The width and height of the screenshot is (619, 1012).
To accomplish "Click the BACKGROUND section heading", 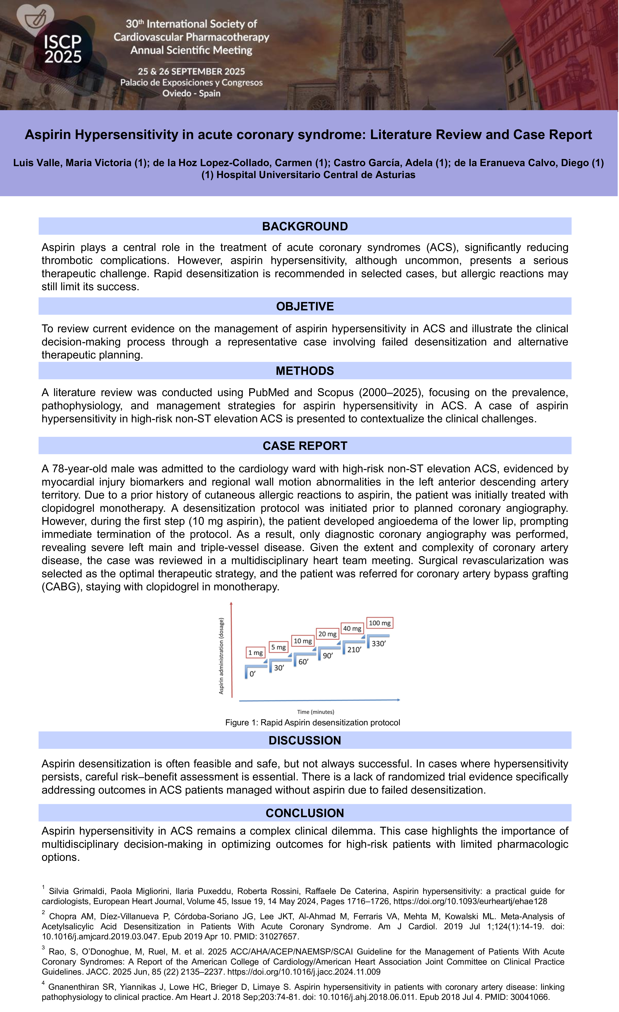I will [305, 226].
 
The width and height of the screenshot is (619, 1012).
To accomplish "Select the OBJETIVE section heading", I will [305, 306].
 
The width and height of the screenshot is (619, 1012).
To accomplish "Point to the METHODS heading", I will [305, 371].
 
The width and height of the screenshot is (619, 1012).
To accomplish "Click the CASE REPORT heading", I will [305, 446].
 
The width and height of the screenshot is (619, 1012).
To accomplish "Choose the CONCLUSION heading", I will [305, 813].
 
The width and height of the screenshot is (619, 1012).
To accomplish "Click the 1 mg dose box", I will [256, 653].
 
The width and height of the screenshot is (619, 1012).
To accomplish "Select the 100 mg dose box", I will [380, 623].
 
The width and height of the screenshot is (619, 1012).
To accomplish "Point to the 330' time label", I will [378, 644].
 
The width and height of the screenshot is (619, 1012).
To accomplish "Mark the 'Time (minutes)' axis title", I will [315, 712].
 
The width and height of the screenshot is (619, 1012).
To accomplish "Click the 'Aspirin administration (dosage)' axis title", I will [221, 656].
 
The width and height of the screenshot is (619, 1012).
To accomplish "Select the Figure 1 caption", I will [313, 722].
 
